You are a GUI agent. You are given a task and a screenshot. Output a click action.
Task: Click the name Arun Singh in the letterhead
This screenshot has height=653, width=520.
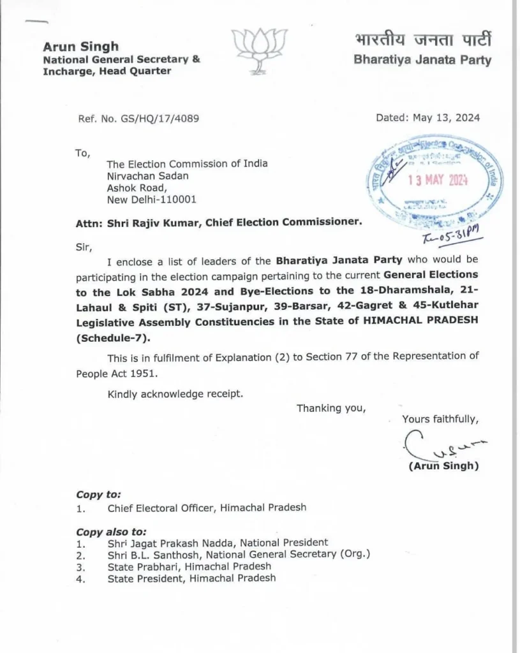[80, 47]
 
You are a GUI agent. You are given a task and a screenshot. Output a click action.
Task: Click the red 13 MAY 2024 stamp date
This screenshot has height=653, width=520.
[438, 180]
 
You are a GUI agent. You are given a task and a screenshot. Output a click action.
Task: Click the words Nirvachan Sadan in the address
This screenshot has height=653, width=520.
[148, 175]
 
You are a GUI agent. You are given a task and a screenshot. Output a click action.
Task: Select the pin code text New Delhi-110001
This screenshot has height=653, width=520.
[152, 199]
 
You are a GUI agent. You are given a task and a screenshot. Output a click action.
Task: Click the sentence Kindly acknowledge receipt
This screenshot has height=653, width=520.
[175, 393]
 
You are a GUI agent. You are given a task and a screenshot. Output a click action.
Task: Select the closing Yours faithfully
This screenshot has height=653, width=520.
[440, 419]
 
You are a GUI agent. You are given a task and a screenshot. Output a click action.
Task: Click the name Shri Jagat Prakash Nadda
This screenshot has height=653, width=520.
[178, 543]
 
